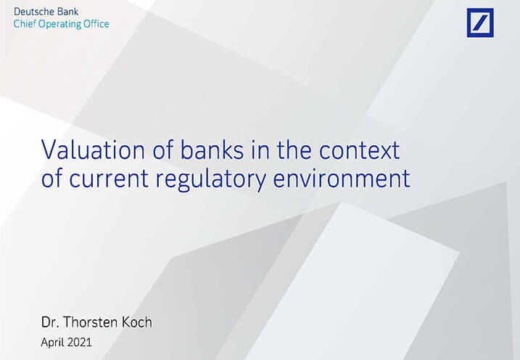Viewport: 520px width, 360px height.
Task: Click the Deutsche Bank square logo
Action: tap(480, 22)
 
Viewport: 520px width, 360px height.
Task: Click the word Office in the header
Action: tap(96, 24)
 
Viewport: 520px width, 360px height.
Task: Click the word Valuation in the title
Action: tap(93, 150)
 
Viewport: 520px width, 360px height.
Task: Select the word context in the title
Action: tap(360, 150)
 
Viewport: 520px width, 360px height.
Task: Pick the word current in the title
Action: tap(109, 179)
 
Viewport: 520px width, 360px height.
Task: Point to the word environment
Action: tap(342, 179)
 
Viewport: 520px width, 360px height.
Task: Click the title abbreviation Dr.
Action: tap(50, 322)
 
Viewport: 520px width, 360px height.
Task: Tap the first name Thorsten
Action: tap(90, 322)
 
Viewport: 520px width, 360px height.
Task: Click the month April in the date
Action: tap(52, 343)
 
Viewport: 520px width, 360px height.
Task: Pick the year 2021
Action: tap(78, 342)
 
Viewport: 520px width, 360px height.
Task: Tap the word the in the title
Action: tap(294, 150)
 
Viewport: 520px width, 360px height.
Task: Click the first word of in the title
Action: tap(163, 150)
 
